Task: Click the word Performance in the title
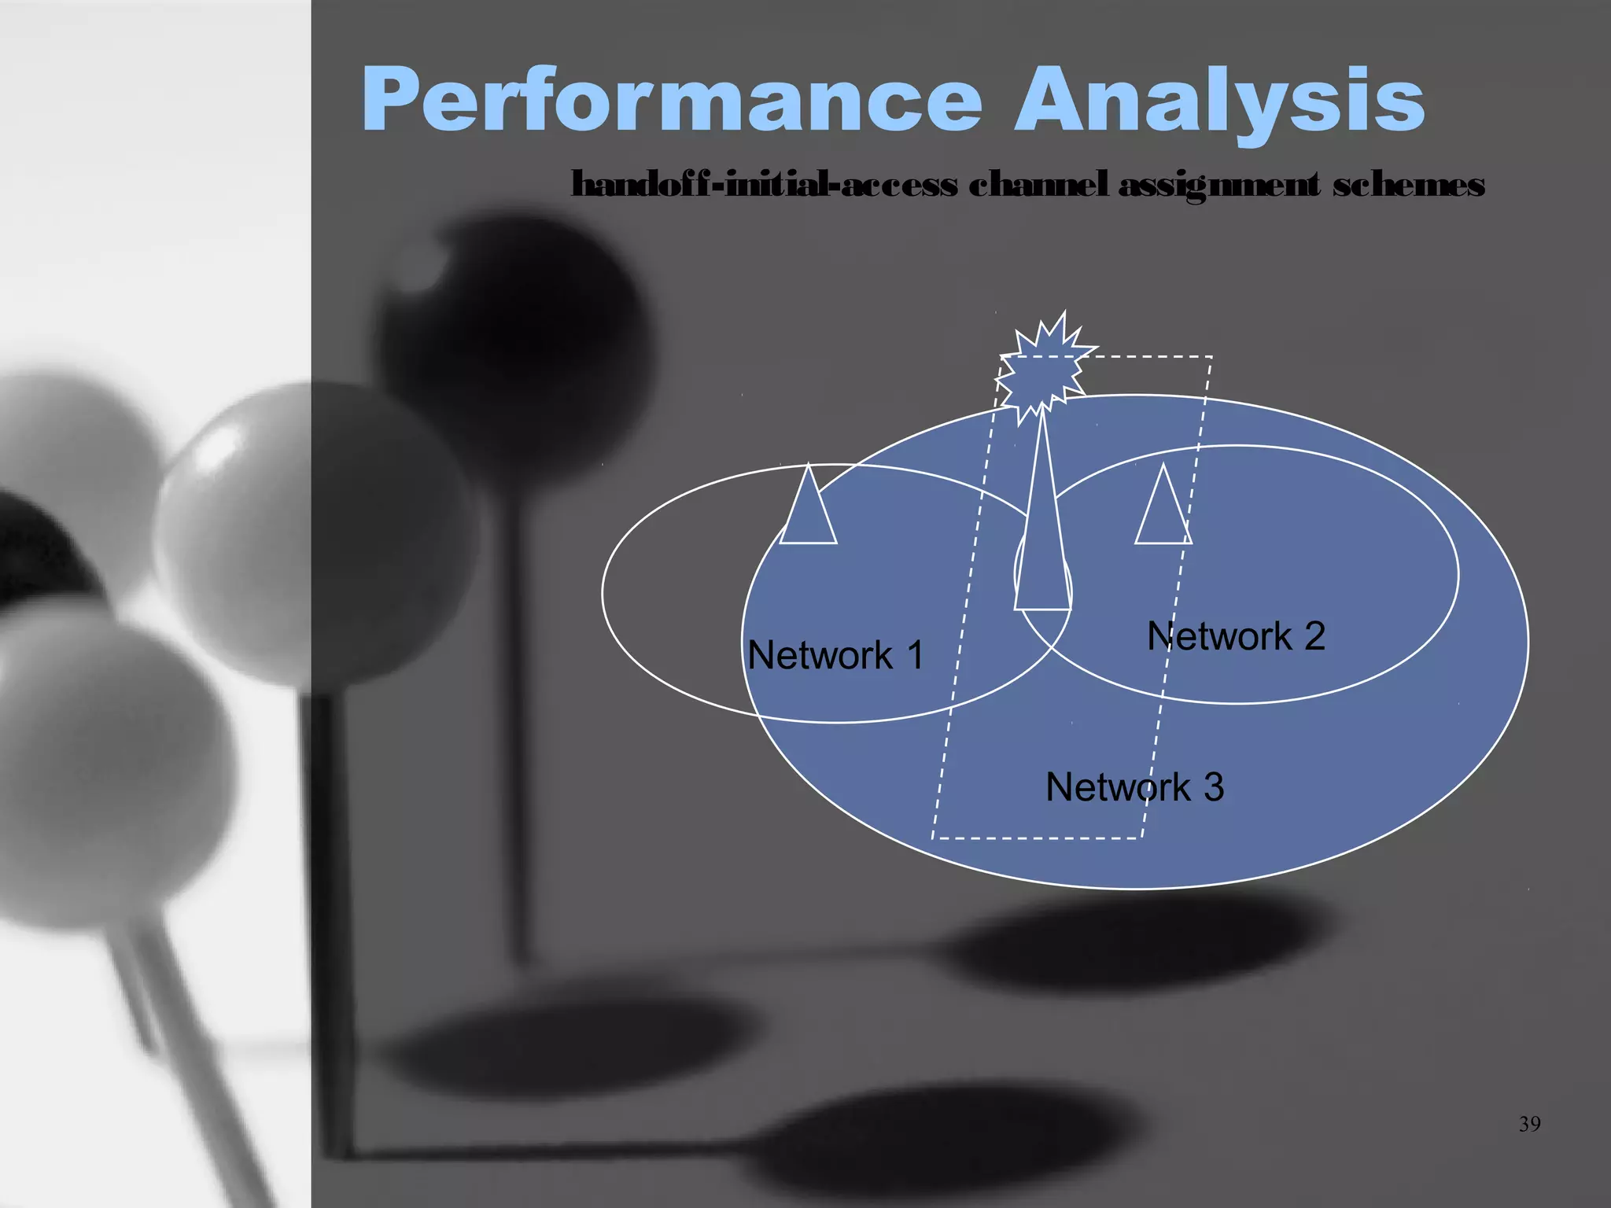click(673, 101)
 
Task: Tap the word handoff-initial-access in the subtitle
click(764, 186)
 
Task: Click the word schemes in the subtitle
click(1408, 186)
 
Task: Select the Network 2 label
click(1236, 636)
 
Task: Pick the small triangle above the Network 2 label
click(1163, 511)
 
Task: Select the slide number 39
click(1529, 1125)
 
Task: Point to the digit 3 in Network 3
click(1213, 787)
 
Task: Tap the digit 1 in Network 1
click(914, 655)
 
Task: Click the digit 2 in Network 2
click(1314, 636)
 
